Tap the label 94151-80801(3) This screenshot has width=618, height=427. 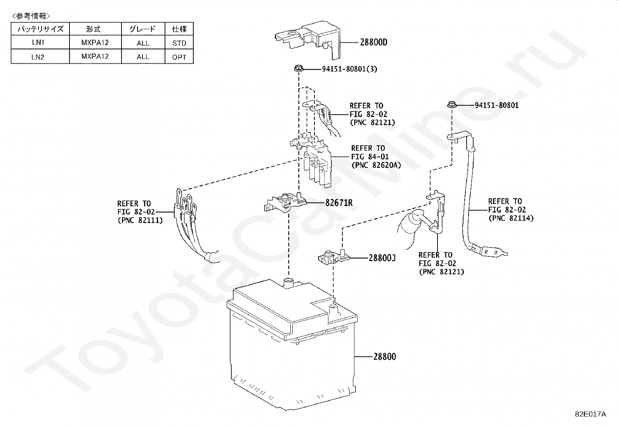pyautogui.click(x=349, y=69)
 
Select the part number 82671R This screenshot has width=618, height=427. pyautogui.click(x=339, y=202)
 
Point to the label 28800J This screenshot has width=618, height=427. pyautogui.click(x=382, y=258)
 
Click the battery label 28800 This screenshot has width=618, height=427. pyautogui.click(x=385, y=356)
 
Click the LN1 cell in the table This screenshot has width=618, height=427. pyautogui.click(x=38, y=43)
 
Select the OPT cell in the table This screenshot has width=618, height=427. pyautogui.click(x=179, y=57)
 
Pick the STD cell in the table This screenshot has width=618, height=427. pyautogui.click(x=179, y=43)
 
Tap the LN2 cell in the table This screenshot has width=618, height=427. pyautogui.click(x=38, y=57)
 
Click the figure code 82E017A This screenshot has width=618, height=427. pyautogui.click(x=590, y=414)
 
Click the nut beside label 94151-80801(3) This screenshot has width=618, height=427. pyautogui.click(x=298, y=69)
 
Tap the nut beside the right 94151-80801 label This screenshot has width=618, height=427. pyautogui.click(x=451, y=105)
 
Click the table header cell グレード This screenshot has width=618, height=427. pyautogui.click(x=142, y=29)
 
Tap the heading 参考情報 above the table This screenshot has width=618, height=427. pyautogui.click(x=31, y=16)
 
